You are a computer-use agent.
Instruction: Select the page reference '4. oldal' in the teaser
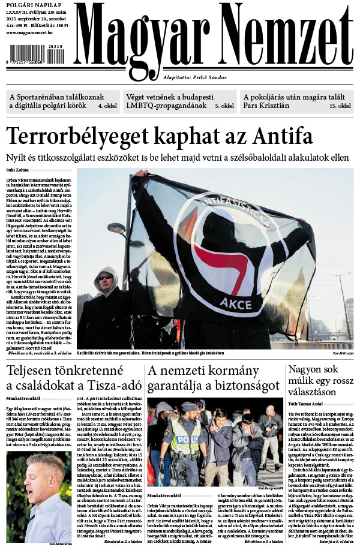(108, 106)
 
